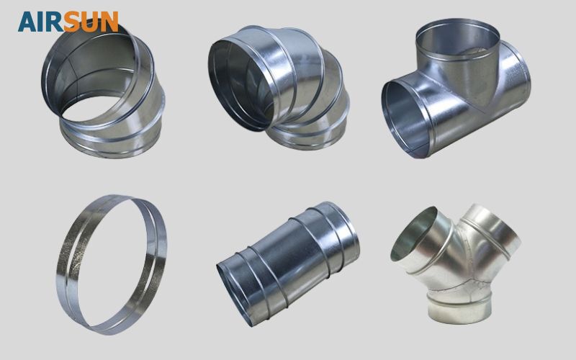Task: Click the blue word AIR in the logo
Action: (40, 22)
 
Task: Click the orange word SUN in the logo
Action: (91, 22)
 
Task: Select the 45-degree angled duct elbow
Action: (103, 92)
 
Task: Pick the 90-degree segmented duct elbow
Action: (279, 88)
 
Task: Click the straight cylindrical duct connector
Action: (289, 264)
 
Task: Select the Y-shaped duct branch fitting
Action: (456, 264)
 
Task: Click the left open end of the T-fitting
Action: (405, 118)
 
